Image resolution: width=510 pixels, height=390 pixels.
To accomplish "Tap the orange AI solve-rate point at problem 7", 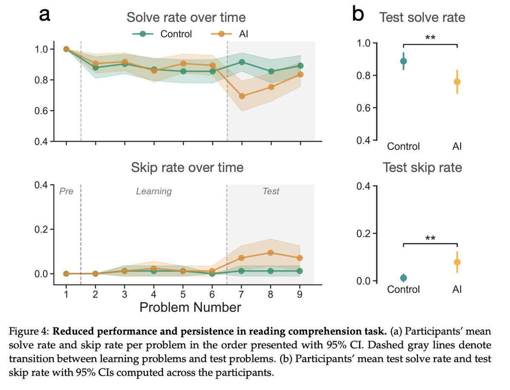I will pyautogui.click(x=241, y=96).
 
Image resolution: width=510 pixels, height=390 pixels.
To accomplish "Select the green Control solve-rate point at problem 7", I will pyautogui.click(x=242, y=62).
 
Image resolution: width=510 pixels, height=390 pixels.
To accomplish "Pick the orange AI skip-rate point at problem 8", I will pyautogui.click(x=271, y=253).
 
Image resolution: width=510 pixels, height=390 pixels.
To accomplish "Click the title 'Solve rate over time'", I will pyautogui.click(x=186, y=17).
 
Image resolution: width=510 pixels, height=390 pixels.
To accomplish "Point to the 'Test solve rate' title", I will pyautogui.click(x=422, y=17).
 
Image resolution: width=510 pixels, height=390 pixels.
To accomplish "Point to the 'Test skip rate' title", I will pyautogui.click(x=422, y=167).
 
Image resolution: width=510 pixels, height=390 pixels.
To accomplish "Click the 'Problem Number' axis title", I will pyautogui.click(x=190, y=307).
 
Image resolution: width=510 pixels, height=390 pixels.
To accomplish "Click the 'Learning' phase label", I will pyautogui.click(x=153, y=191).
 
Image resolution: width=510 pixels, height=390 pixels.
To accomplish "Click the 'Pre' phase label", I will pyautogui.click(x=66, y=191).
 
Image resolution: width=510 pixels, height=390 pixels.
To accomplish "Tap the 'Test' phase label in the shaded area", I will pyautogui.click(x=271, y=191).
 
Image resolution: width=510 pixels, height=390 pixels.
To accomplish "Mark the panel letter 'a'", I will pyautogui.click(x=45, y=16).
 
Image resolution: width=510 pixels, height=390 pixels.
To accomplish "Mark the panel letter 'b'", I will pyautogui.click(x=358, y=15).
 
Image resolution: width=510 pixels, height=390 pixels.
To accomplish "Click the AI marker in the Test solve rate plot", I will pyautogui.click(x=457, y=82).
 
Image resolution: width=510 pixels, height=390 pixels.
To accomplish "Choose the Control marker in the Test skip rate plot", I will pyautogui.click(x=403, y=278).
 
